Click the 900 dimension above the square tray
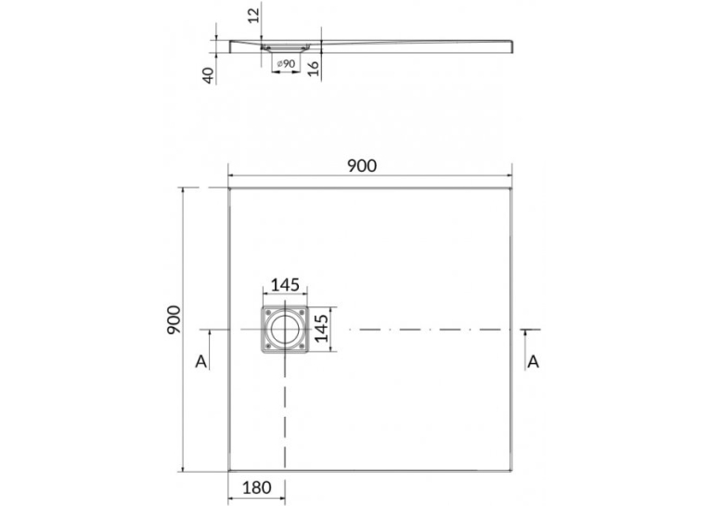point(362,166)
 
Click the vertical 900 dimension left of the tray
point(174,319)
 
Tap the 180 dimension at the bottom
point(257,487)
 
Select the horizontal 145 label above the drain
point(285,285)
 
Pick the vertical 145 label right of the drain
point(321,329)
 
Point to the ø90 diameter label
point(286,64)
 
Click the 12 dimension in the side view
point(254,15)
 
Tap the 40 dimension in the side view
point(208,75)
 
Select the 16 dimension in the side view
point(314,68)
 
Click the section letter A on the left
point(201,361)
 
